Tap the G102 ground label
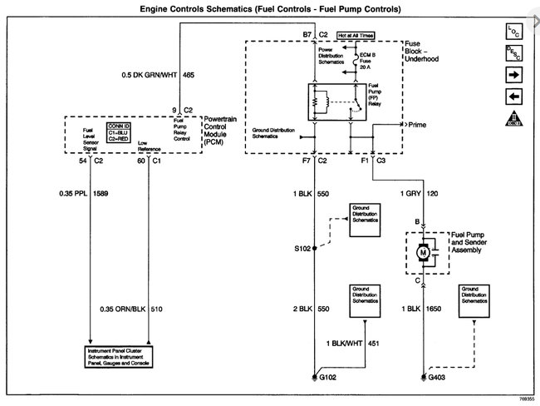(x=330, y=379)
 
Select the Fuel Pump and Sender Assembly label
(x=473, y=241)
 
